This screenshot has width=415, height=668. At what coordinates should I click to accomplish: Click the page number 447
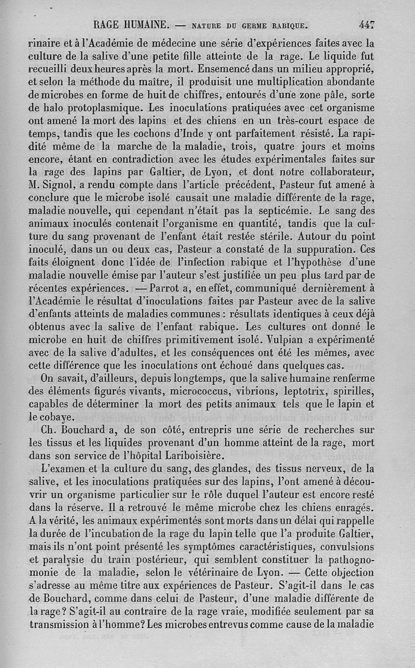(366, 24)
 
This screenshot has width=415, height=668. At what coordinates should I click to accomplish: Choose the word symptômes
(200, 547)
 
